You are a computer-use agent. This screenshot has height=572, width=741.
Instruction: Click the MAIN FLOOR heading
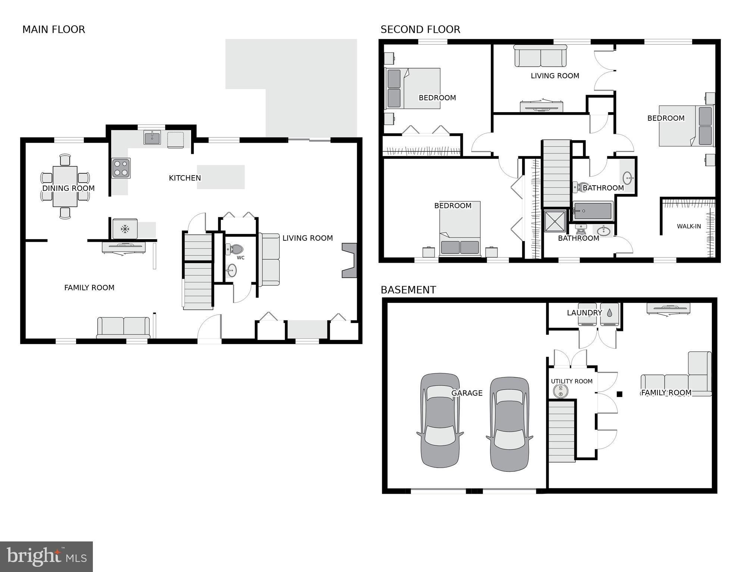tap(54, 29)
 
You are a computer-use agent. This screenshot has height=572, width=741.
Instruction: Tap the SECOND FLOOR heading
tap(420, 29)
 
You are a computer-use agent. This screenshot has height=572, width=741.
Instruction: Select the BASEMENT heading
tap(408, 290)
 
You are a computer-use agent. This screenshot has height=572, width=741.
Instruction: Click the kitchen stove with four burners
tap(121, 168)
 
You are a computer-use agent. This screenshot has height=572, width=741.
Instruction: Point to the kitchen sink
tap(152, 138)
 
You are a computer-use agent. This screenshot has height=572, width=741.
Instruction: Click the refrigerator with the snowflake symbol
tap(125, 228)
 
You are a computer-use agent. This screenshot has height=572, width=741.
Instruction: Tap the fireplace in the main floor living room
tap(349, 260)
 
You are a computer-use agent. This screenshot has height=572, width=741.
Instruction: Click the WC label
tap(241, 257)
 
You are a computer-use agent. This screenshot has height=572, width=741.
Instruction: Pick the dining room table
tap(65, 186)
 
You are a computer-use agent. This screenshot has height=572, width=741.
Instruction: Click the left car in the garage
tap(440, 420)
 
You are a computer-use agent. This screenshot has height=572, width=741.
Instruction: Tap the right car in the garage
tap(509, 424)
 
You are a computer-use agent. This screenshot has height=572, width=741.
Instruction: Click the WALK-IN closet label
tap(689, 226)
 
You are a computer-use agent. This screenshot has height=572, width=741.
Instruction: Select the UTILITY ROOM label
tap(572, 381)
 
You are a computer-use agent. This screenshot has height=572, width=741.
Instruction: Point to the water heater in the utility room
tap(560, 391)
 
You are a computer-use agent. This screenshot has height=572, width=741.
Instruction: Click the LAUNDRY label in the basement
tap(584, 313)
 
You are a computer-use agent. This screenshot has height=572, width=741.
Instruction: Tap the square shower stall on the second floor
tap(555, 221)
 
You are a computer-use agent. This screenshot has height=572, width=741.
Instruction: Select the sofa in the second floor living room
tap(540, 56)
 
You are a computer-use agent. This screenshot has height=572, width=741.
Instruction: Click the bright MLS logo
tap(46, 556)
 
